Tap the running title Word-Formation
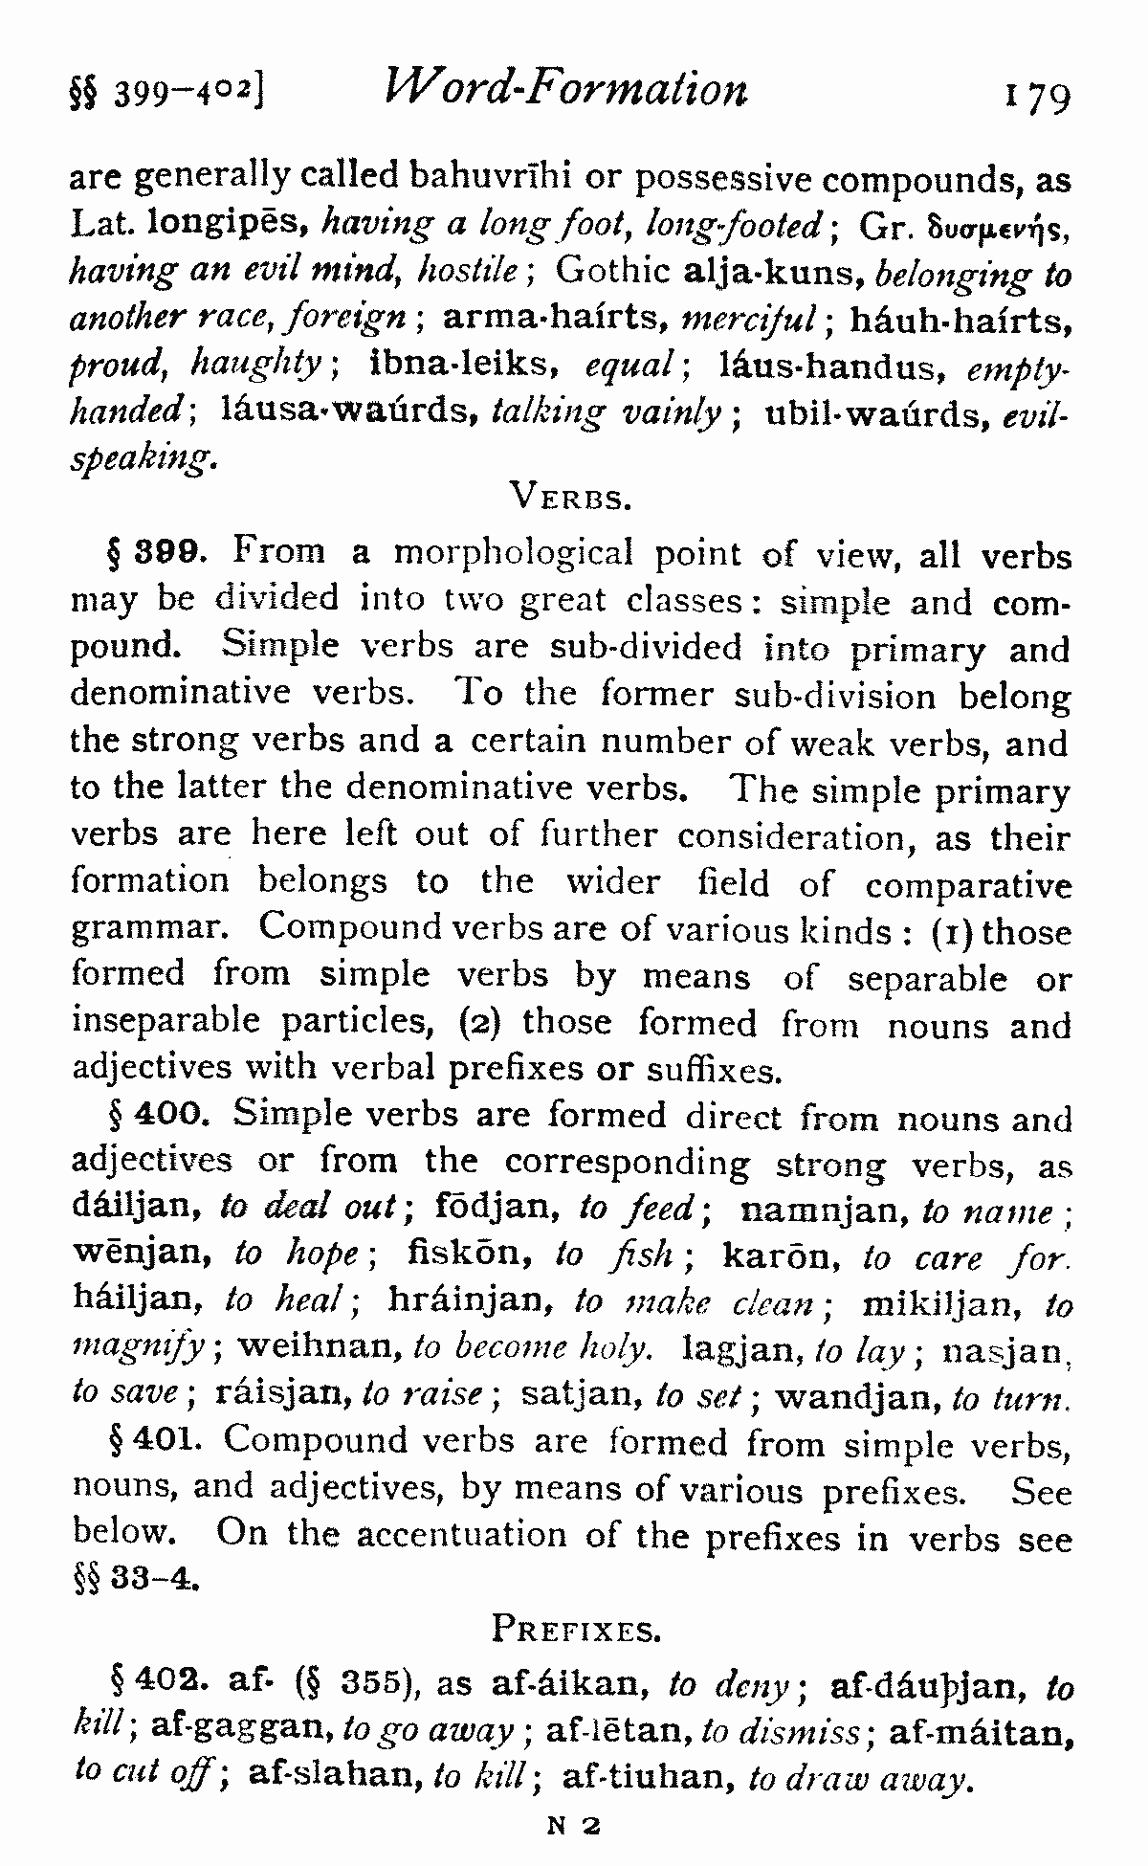[565, 89]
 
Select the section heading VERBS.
[570, 496]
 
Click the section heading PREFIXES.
[575, 1628]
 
